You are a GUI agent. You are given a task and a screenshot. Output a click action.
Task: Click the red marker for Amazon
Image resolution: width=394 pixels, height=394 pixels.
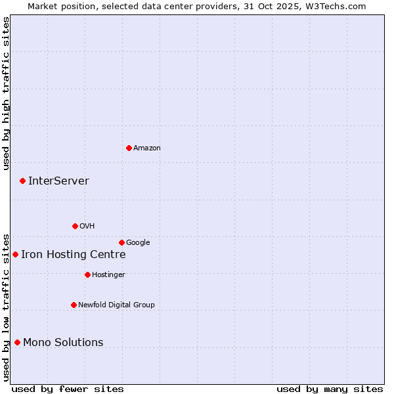[129, 148]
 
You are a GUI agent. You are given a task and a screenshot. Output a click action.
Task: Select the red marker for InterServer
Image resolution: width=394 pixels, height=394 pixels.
[22, 181]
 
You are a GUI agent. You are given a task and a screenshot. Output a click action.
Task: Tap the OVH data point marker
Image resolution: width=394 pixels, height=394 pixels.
[75, 226]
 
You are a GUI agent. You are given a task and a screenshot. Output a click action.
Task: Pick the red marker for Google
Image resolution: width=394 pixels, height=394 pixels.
[121, 242]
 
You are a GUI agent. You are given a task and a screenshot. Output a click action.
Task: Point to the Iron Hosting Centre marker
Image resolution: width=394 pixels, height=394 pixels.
[15, 254]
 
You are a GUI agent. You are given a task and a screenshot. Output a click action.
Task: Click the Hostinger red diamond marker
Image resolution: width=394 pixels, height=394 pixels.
[87, 274]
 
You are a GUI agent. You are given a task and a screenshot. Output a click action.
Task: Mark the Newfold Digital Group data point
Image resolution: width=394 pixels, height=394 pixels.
[74, 305]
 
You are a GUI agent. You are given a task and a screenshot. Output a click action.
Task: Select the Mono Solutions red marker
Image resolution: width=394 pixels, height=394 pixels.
[17, 342]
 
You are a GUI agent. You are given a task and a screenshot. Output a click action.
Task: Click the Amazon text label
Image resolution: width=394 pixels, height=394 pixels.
[147, 148]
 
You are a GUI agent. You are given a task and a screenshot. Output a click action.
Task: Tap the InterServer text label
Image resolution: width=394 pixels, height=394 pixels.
[58, 181]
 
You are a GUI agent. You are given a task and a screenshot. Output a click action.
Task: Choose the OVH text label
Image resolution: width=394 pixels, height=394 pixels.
[87, 227]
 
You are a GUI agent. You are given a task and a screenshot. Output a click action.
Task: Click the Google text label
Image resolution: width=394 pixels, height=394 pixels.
[138, 243]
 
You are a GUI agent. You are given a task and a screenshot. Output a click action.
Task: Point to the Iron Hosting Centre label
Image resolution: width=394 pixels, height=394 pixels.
[73, 255]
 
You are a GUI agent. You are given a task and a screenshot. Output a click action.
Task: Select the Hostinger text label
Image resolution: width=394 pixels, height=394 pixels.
[108, 275]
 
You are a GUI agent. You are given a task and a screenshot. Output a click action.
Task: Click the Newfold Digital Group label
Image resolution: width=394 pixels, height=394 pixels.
[116, 305]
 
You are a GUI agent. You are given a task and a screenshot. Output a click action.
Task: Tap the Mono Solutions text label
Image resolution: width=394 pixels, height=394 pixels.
[63, 343]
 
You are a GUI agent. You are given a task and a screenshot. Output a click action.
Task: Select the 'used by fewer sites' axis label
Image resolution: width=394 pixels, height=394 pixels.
[68, 389]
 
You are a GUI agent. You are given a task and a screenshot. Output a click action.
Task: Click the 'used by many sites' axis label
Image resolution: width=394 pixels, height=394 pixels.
[330, 389]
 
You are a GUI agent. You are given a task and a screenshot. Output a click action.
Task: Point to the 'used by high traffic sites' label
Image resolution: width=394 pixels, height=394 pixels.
[6, 93]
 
